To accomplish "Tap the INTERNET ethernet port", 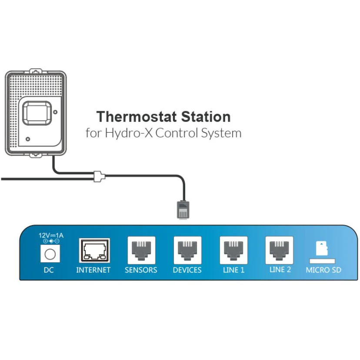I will pyautogui.click(x=93, y=251).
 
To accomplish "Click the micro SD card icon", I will pyautogui.click(x=323, y=250).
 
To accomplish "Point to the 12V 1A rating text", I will pyautogui.click(x=51, y=235).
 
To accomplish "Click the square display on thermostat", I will pyautogui.click(x=37, y=113).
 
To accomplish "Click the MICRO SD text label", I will pyautogui.click(x=323, y=270).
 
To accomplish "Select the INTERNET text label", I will pyautogui.click(x=93, y=270).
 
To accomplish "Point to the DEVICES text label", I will pyautogui.click(x=187, y=270).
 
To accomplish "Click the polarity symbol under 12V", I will pyautogui.click(x=51, y=240).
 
